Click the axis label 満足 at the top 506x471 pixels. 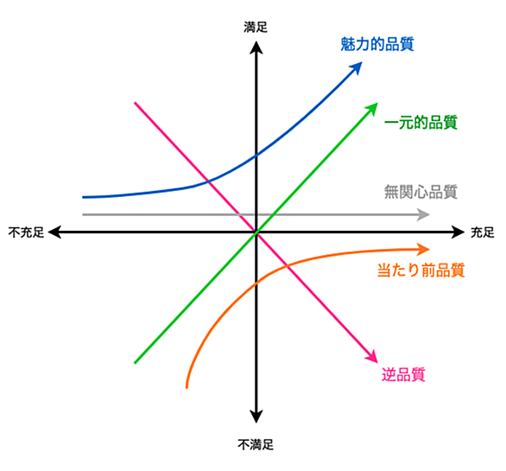pos(256,27)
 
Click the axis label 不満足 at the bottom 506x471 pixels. pos(256,444)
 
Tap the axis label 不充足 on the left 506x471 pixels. pos(26,232)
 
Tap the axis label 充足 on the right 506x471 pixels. pos(483,232)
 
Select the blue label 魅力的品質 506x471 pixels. pos(377,44)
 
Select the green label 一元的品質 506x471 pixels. pos(421,123)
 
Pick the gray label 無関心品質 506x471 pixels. pos(421,192)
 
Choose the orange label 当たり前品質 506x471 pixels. pos(421,270)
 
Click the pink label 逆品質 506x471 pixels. pos(403,374)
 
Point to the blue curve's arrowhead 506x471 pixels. pos(357,67)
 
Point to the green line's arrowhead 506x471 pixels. pos(372,109)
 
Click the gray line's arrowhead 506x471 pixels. pos(423,214)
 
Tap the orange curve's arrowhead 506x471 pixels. pos(423,250)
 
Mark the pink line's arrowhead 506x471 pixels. pos(372,357)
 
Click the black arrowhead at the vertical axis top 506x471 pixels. pos(256,48)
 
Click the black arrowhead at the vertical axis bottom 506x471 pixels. pos(256,417)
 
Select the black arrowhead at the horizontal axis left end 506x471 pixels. pos(54,232)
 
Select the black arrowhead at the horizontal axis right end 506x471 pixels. pos(458,232)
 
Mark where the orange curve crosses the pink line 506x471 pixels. pos(288,265)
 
